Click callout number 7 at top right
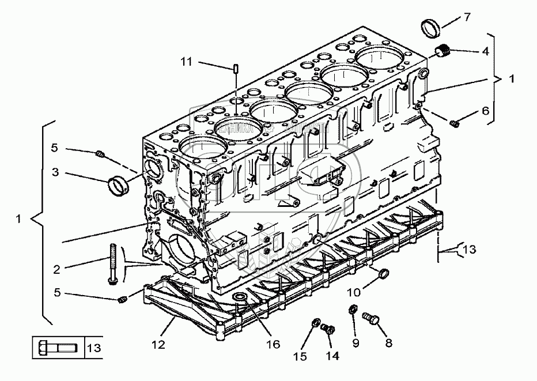[x=467, y=17]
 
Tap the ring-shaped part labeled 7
[x=430, y=27]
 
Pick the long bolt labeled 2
[x=112, y=265]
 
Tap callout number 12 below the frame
[x=158, y=345]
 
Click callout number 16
[x=273, y=344]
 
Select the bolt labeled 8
[x=371, y=317]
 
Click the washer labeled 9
[x=351, y=311]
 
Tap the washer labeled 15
[x=316, y=322]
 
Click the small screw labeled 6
[x=453, y=122]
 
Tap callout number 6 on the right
[x=485, y=110]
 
